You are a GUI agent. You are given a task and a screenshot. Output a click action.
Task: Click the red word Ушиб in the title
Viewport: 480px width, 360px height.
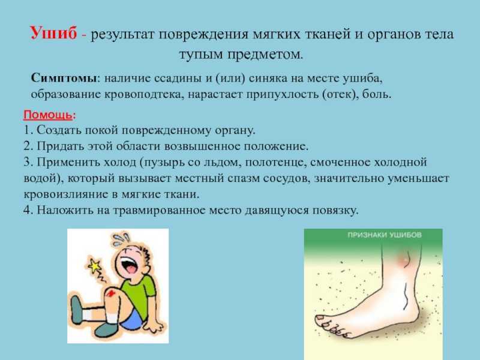(53, 33)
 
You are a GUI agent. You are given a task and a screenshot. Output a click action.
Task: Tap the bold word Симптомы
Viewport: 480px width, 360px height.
(64, 78)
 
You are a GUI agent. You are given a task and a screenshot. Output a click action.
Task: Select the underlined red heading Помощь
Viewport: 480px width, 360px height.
(48, 115)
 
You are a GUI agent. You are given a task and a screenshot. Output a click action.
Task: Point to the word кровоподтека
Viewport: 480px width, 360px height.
(143, 94)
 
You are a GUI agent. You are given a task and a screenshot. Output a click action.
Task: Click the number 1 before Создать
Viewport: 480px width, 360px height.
(27, 130)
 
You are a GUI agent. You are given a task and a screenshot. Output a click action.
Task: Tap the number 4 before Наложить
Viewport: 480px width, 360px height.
(27, 210)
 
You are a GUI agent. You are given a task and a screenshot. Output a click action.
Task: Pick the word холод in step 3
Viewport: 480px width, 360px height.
(119, 162)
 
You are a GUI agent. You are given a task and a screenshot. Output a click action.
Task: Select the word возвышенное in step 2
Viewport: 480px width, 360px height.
(202, 146)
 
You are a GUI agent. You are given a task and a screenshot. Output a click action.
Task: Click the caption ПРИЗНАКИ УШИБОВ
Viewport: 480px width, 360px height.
(385, 235)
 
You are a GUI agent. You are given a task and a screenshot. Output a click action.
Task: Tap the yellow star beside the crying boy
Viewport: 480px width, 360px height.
(95, 266)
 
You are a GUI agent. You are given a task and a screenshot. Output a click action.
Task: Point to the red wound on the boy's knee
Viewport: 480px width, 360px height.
(112, 293)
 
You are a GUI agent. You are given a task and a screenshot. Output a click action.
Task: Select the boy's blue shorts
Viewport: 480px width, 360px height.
(132, 319)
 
